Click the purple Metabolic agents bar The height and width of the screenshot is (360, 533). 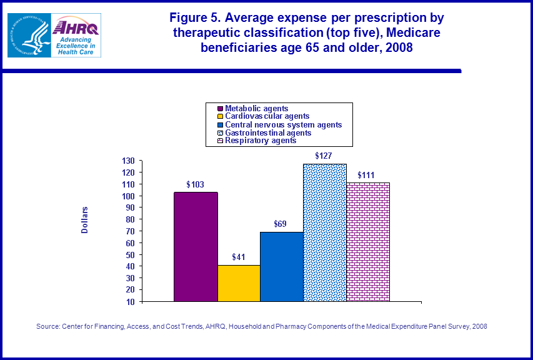[196, 246]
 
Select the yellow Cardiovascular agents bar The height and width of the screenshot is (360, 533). [239, 283]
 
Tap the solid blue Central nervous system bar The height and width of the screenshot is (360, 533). [282, 266]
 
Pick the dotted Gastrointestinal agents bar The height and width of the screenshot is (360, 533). [324, 232]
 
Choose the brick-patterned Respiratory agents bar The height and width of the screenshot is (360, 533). [368, 242]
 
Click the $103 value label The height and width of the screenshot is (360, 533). [196, 185]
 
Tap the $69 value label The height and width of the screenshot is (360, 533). [281, 224]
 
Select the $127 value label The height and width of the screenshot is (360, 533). [324, 156]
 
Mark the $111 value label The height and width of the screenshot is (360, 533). [367, 175]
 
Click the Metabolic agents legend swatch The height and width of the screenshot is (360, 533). [213, 108]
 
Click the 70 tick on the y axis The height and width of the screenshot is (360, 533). [131, 231]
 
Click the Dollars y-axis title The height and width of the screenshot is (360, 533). [85, 220]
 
